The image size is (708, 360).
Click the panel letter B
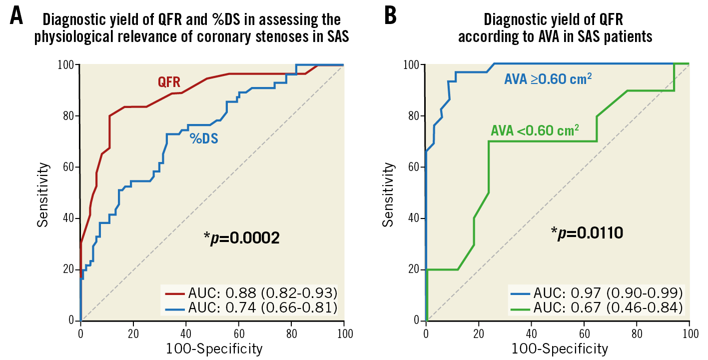tap(390, 16)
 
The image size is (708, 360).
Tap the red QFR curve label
tap(169, 82)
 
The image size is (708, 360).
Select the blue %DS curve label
tap(204, 138)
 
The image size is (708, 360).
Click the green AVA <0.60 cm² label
tap(535, 130)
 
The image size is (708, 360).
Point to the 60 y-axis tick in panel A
tap(68, 167)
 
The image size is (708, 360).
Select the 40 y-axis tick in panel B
tap(413, 218)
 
